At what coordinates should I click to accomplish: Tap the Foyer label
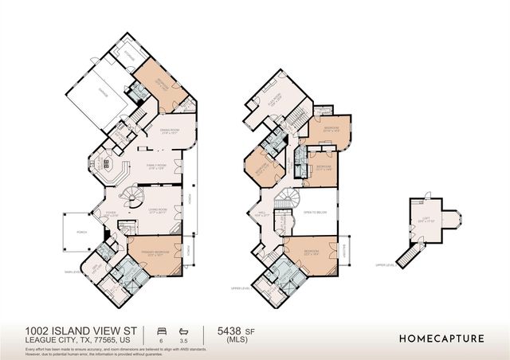pyautogui.click(x=111, y=213)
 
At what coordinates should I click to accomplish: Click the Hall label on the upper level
pyautogui.click(x=264, y=213)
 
